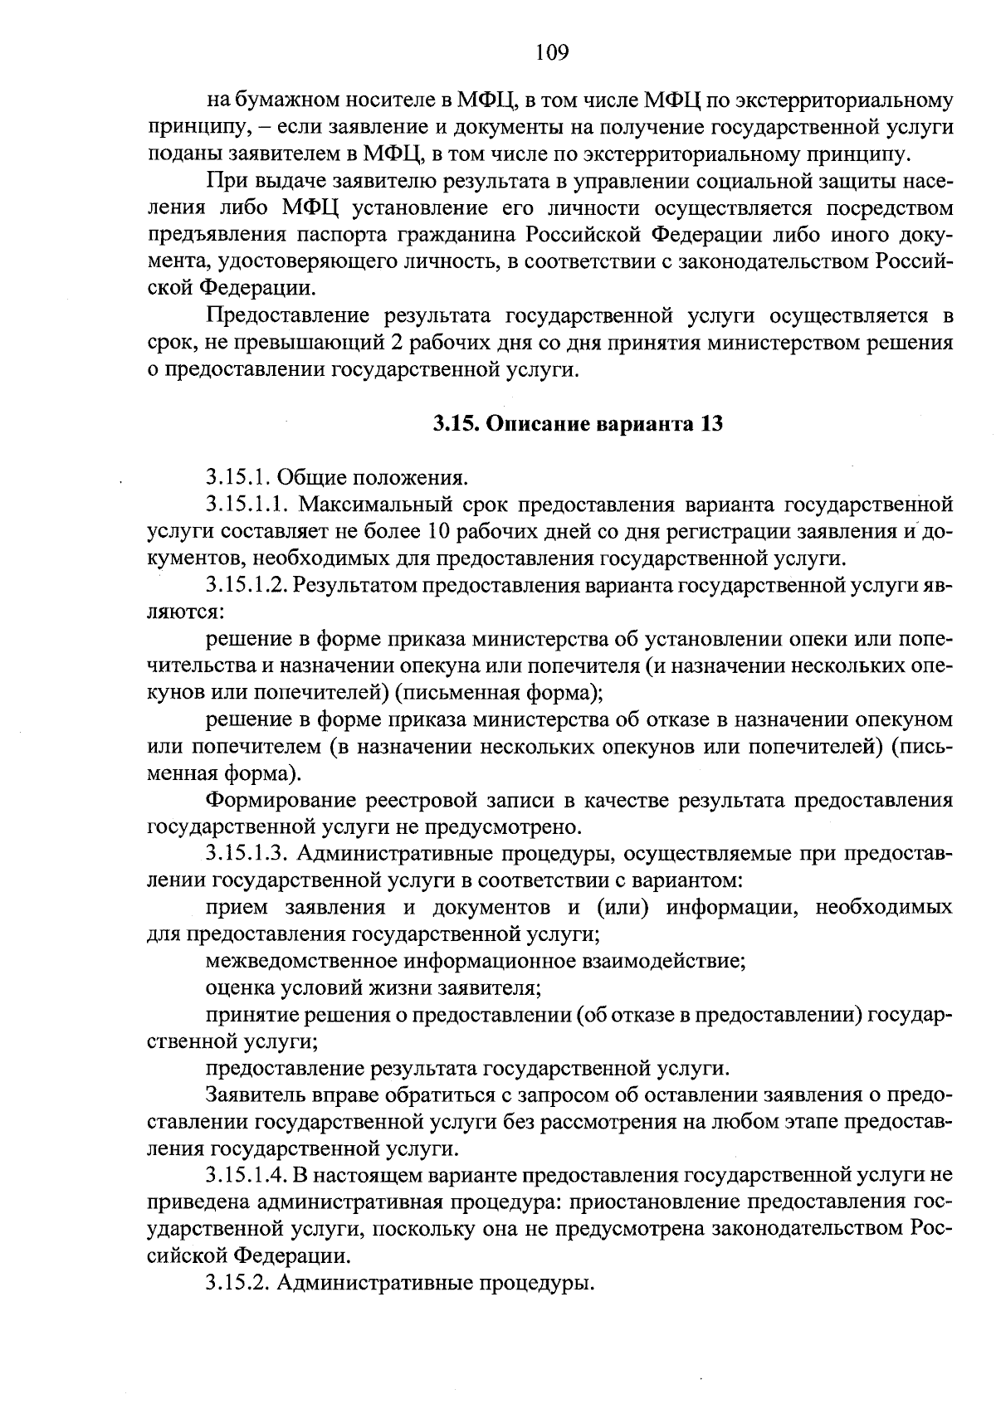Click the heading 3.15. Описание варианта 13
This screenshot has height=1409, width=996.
[x=578, y=424]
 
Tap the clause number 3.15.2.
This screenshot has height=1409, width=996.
[x=237, y=1282]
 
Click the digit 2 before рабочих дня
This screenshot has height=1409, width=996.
[x=442, y=343]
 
